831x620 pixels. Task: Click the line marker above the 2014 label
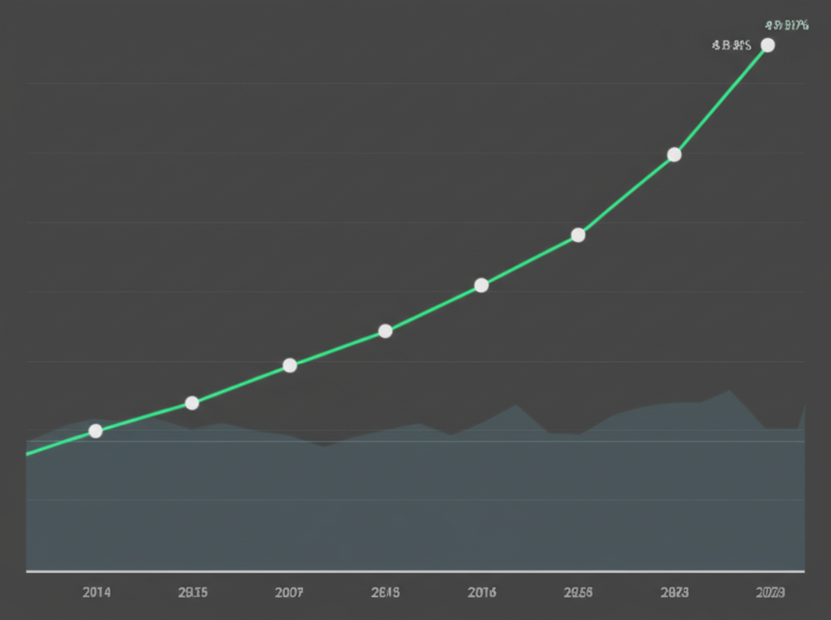(96, 431)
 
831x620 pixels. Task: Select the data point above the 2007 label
(290, 365)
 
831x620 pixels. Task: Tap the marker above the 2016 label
(481, 285)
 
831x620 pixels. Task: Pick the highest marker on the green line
(768, 45)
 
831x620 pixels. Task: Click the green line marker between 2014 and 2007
(192, 403)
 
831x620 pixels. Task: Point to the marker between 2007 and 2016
(385, 331)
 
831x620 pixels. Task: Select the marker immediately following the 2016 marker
(578, 235)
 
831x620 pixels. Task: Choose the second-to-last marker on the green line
(674, 154)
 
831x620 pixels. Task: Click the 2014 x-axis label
(97, 592)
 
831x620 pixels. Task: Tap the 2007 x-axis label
(290, 592)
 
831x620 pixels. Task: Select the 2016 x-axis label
(482, 592)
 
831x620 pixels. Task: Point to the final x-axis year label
(769, 592)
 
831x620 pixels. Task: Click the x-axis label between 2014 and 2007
(192, 592)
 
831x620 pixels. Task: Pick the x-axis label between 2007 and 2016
(385, 592)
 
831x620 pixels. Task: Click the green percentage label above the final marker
(786, 25)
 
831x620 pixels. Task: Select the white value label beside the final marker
(731, 45)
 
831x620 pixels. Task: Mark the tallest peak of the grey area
(730, 391)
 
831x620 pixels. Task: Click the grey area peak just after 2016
(515, 405)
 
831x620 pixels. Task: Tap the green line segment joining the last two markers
(721, 100)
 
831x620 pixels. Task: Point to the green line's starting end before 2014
(28, 454)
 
